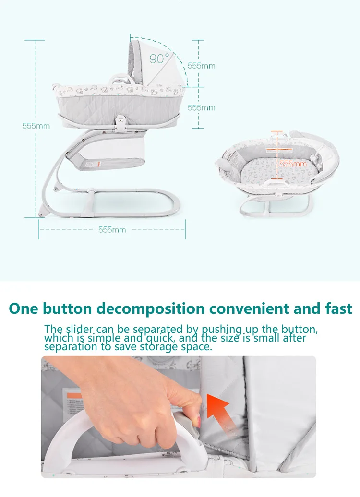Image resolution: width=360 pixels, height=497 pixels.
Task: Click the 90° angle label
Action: [x=159, y=59]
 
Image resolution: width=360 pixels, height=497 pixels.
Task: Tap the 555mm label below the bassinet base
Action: [x=112, y=230]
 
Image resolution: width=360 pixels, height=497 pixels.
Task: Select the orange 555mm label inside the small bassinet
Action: [x=293, y=164]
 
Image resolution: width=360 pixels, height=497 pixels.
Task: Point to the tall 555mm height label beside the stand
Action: [x=36, y=126]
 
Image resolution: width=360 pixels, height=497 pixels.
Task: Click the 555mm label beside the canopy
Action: [x=202, y=66]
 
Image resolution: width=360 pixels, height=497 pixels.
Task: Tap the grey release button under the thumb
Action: [x=187, y=425]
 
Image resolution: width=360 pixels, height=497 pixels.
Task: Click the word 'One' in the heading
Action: [x=24, y=308]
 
